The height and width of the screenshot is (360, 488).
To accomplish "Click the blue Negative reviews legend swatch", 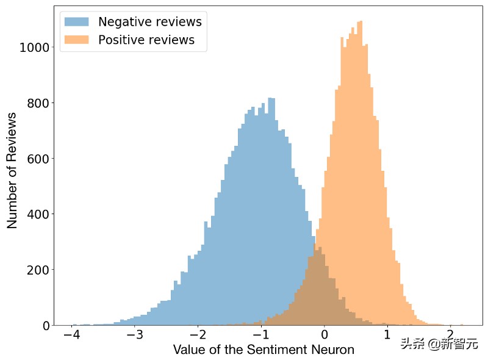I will point(77,22).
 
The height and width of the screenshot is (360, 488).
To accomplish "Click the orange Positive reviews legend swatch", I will point(77,40).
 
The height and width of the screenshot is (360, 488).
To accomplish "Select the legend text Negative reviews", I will point(149,22).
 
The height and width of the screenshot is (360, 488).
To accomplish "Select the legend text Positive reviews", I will point(146,40).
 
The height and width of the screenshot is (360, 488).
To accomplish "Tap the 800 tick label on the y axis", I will point(38,103).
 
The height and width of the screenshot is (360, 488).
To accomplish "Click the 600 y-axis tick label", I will point(38,159).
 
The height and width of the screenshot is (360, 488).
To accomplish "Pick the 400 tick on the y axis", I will point(38,214).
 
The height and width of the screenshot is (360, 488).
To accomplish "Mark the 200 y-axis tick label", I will point(38,270).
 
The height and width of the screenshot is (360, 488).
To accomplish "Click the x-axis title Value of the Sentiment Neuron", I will point(264,350).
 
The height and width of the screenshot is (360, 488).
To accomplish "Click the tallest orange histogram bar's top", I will point(361,22).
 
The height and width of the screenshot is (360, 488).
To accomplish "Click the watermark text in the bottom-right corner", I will point(439,344).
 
